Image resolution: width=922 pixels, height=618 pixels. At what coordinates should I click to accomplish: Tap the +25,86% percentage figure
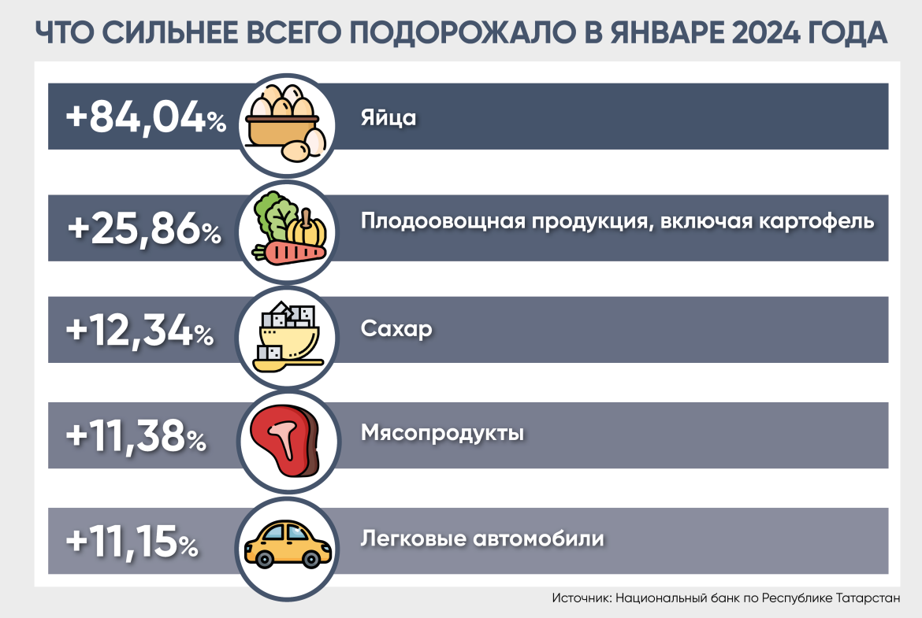tap(144, 229)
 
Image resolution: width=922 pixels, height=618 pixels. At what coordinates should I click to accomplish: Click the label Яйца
tap(388, 119)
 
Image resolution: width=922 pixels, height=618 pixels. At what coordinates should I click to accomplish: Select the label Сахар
tap(396, 328)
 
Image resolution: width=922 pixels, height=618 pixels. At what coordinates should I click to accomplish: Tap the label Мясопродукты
tap(442, 433)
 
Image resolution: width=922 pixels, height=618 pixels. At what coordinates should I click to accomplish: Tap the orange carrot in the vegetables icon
tap(291, 252)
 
